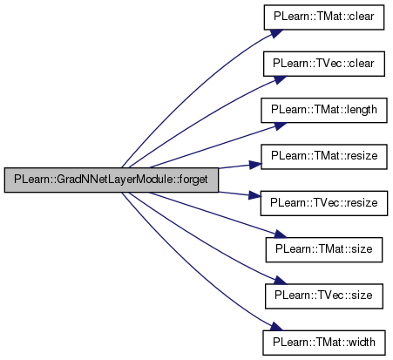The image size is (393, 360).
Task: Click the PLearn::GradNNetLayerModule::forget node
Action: pyautogui.click(x=112, y=180)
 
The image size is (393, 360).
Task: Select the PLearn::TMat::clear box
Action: pyautogui.click(x=324, y=17)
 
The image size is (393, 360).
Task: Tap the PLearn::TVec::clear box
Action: pyautogui.click(x=324, y=64)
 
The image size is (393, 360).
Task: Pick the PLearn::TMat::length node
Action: pyautogui.click(x=324, y=110)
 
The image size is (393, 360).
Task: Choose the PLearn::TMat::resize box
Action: pyautogui.click(x=324, y=157)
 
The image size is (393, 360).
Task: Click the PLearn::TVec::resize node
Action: pyautogui.click(x=324, y=203)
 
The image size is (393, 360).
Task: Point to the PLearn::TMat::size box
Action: pyautogui.click(x=324, y=249)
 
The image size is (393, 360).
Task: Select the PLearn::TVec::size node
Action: pyautogui.click(x=324, y=296)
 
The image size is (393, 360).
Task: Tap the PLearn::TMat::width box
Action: pyautogui.click(x=324, y=343)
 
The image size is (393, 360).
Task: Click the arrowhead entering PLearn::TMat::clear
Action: pyautogui.click(x=277, y=32)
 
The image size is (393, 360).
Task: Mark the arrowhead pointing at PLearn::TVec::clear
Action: pyautogui.click(x=280, y=79)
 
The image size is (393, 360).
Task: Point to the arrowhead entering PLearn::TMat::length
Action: pyautogui.click(x=280, y=126)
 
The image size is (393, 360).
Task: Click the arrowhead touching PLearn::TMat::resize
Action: pyautogui.click(x=255, y=165)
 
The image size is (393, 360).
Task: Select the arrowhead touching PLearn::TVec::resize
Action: pyautogui.click(x=255, y=195)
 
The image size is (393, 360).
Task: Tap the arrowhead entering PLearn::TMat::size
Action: pyautogui.click(x=280, y=234)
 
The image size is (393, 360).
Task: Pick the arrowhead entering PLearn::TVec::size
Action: pyautogui.click(x=280, y=281)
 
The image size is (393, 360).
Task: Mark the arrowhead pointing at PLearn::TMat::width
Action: pyautogui.click(x=277, y=327)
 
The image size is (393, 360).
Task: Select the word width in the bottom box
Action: pyautogui.click(x=362, y=343)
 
